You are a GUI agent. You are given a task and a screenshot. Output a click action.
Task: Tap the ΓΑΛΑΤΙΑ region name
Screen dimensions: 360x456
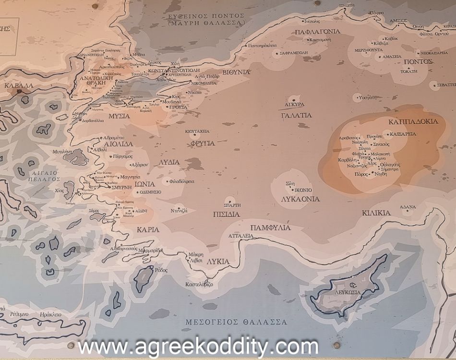296,115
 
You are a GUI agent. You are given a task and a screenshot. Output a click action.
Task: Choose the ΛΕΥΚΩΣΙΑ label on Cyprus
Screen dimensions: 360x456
348,292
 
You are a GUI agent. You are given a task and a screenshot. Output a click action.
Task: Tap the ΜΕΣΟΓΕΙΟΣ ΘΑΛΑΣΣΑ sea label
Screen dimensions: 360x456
236,322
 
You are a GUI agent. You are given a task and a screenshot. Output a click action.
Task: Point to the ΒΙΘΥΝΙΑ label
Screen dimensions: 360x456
235,72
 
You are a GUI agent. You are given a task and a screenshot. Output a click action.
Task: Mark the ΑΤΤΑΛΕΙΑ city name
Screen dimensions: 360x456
240,236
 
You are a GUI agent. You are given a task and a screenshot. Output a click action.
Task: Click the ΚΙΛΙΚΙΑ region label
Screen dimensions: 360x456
376,213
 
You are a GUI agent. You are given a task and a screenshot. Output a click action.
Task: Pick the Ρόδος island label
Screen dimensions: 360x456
161,270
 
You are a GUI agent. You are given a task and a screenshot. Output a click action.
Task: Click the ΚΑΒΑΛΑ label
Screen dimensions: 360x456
19,85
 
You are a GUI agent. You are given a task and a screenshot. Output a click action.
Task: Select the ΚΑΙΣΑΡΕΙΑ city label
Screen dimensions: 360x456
403,134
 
